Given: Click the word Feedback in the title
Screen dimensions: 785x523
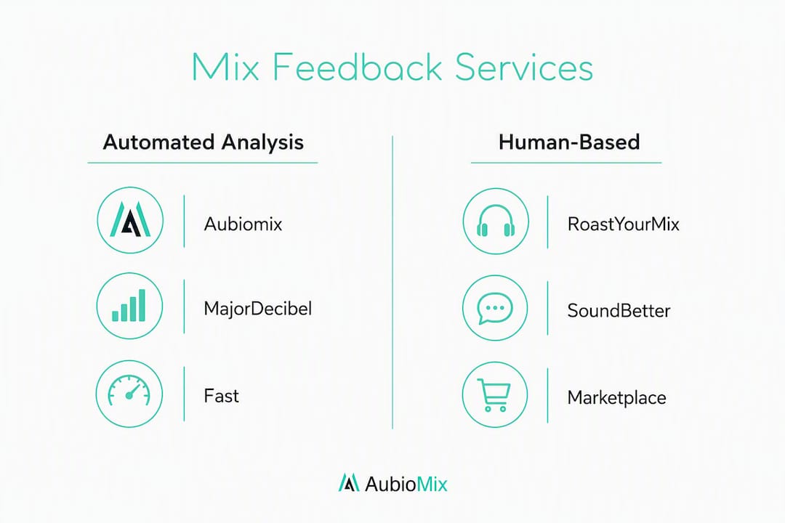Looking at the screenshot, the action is coord(356,67).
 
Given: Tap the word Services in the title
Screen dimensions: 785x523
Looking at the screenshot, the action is coord(523,67).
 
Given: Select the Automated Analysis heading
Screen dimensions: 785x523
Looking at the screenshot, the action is coord(204,142).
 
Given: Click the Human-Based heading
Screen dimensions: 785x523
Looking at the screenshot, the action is coord(569,142).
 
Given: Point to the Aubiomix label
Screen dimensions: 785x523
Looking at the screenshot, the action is coord(243,224).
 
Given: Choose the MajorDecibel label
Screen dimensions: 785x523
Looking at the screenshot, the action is coord(257,308).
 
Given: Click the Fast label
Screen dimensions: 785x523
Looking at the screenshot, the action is coord(221,396).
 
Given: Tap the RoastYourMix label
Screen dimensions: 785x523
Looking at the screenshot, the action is coord(624,224).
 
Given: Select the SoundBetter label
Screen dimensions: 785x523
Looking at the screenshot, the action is coord(619,311).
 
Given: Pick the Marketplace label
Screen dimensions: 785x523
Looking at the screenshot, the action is coord(617,398).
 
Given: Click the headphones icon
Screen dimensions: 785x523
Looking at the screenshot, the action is coord(496,222).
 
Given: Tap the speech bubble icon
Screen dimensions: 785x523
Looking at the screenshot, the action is coord(495,308).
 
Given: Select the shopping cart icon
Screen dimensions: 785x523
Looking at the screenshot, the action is coord(494,395).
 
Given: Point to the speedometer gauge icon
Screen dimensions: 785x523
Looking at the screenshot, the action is coord(129,390).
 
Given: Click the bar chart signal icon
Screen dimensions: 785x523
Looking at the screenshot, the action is coord(129,305).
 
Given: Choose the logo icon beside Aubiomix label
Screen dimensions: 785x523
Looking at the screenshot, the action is coord(130,219).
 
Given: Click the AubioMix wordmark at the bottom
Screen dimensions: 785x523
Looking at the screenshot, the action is coord(406,484).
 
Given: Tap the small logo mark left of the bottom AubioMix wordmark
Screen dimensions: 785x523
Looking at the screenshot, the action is coord(349,482).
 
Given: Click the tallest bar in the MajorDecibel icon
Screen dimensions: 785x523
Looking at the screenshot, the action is coord(142,305).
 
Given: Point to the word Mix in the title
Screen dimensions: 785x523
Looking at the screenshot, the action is coord(225,67).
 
